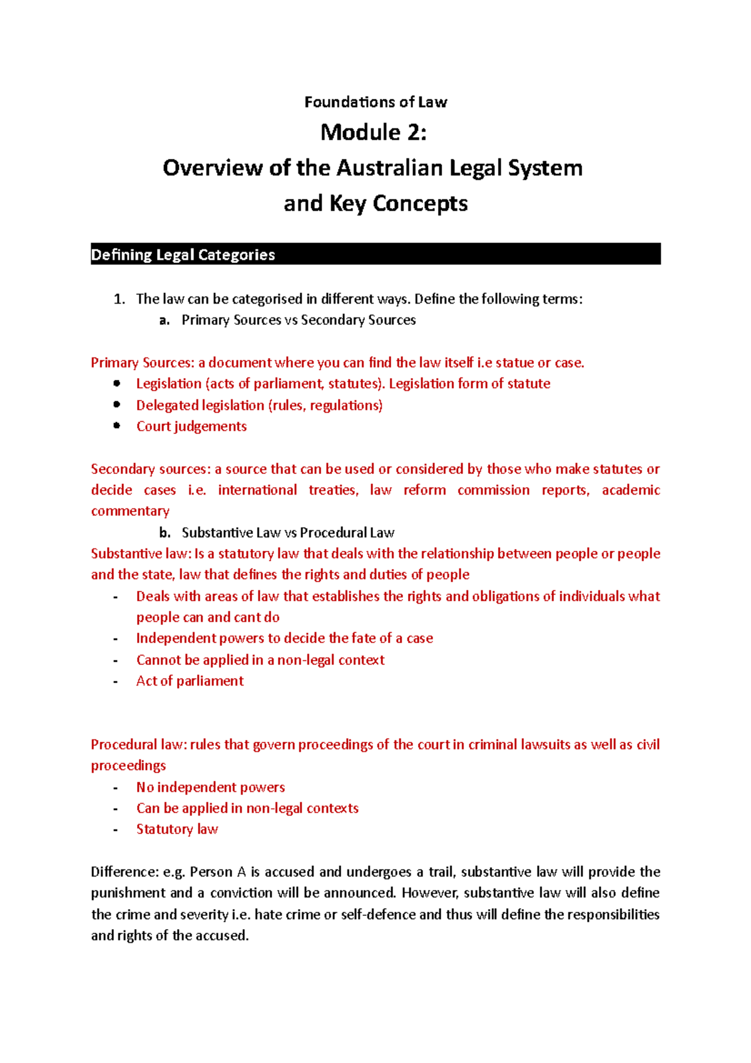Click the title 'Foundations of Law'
375,102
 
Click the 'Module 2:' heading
374,133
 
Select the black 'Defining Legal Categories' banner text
183,255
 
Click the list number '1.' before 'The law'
120,299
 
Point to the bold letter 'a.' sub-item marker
165,321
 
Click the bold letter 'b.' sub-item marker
165,533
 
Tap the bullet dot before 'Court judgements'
116,426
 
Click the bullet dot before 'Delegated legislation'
116,404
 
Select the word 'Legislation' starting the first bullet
169,384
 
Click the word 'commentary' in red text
130,511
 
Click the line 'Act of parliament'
190,681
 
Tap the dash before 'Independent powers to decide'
116,639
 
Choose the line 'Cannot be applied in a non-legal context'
260,660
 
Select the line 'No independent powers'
210,788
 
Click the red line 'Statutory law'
177,829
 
